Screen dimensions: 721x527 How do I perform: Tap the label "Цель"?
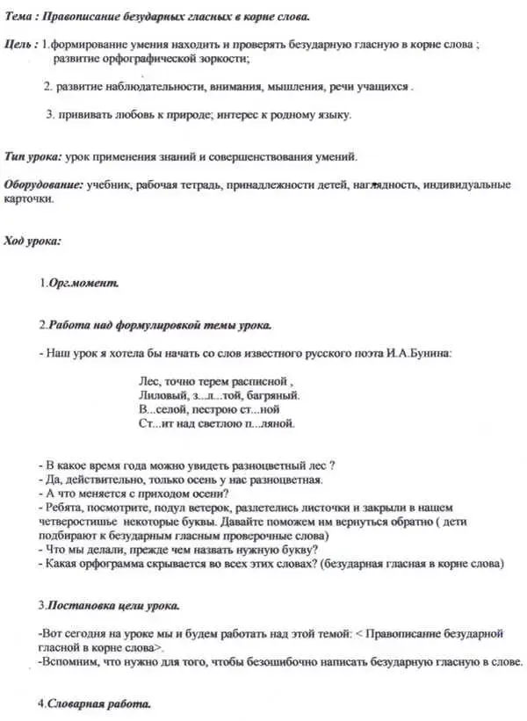tap(19, 44)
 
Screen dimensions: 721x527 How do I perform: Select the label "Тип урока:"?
tap(33, 156)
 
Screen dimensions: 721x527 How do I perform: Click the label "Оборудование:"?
tap(44, 184)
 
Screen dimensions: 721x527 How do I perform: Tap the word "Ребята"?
tap(67, 508)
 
